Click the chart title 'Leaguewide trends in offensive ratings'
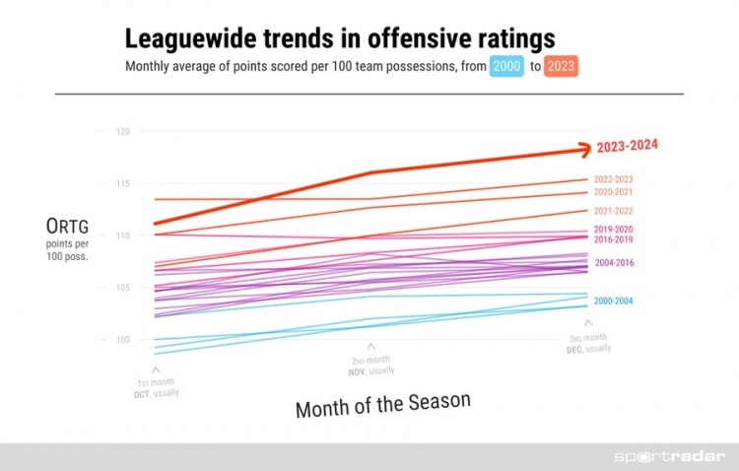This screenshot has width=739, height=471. [339, 39]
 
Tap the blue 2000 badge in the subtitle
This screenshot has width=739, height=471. [507, 68]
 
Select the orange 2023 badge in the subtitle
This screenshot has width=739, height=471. [561, 68]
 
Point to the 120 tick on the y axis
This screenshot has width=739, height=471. [122, 132]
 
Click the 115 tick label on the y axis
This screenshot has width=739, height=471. [122, 184]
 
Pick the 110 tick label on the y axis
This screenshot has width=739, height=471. [122, 236]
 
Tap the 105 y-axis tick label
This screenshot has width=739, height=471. [122, 288]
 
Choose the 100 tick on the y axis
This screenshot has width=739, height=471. [122, 340]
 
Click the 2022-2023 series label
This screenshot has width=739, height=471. [613, 179]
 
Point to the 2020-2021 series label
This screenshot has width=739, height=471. [613, 192]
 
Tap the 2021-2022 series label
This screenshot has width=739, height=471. [613, 211]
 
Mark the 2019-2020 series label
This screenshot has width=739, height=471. [613, 230]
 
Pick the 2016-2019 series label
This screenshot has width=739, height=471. [613, 239]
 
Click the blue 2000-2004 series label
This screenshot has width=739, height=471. [613, 300]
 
